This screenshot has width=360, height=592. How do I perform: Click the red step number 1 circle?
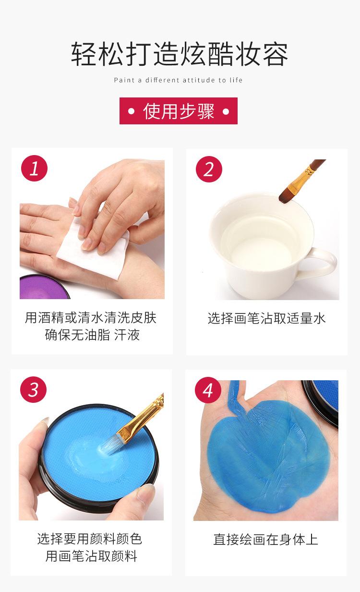tap(35, 169)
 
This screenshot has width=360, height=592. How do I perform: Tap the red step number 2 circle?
tap(209, 169)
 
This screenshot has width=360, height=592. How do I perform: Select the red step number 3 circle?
tap(33, 389)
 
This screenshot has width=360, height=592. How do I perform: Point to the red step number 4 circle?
tap(208, 390)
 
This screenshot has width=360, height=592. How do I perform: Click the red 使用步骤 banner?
tap(179, 111)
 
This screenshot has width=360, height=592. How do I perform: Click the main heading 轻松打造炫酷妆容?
tap(180, 54)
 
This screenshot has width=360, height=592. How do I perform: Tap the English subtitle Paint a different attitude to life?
tap(178, 80)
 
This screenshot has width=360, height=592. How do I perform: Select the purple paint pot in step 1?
tap(44, 287)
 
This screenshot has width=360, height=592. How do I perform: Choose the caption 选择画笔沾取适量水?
tap(266, 318)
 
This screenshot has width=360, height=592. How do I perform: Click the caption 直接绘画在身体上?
tap(266, 539)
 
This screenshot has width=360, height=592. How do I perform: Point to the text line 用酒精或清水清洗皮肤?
tap(91, 317)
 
